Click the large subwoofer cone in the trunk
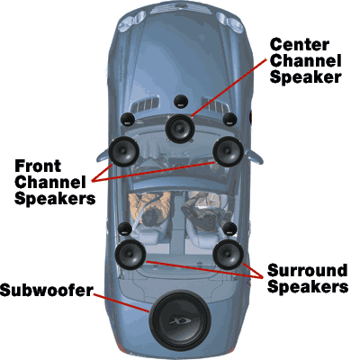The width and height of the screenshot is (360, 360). [x=180, y=320]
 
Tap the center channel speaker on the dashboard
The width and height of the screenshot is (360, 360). [x=180, y=129]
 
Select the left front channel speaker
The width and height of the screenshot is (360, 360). [x=123, y=151]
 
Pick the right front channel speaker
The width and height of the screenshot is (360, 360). [x=228, y=151]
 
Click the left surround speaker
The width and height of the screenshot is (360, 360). [x=130, y=255]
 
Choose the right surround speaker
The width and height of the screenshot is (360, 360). [x=228, y=255]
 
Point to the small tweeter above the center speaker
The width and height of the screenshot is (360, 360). [x=181, y=102]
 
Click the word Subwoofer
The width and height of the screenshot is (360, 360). [x=47, y=291]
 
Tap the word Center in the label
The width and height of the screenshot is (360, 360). [x=300, y=45]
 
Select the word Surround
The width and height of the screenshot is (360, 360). [x=307, y=270]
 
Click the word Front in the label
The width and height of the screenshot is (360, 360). [x=38, y=166]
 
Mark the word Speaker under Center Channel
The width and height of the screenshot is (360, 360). [x=305, y=77]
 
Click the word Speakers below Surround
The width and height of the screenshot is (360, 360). [x=308, y=287]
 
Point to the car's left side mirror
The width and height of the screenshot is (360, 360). [x=102, y=155]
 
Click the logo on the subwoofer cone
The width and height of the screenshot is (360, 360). [x=180, y=321]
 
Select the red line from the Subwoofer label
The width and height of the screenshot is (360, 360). [x=121, y=303]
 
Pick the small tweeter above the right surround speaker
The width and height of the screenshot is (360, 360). [x=229, y=229]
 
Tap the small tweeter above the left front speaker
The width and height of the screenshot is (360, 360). [x=128, y=120]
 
